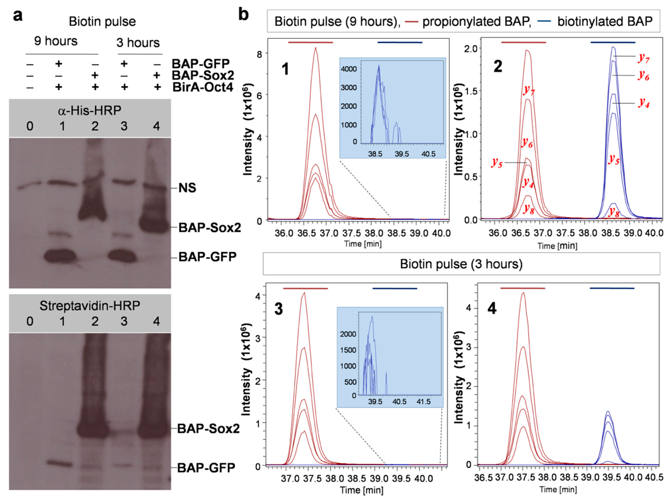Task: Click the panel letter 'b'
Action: coord(244,15)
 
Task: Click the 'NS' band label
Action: coord(187,188)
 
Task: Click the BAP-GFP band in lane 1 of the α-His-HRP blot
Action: coord(60,256)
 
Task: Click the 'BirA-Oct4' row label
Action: coord(203,87)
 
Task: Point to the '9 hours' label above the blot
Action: coord(56,41)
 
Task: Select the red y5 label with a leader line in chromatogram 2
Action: coord(497,163)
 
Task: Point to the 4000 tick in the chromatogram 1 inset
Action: coord(348,69)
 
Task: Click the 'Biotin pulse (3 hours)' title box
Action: coord(461,264)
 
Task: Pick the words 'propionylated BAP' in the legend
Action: coord(477,22)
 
